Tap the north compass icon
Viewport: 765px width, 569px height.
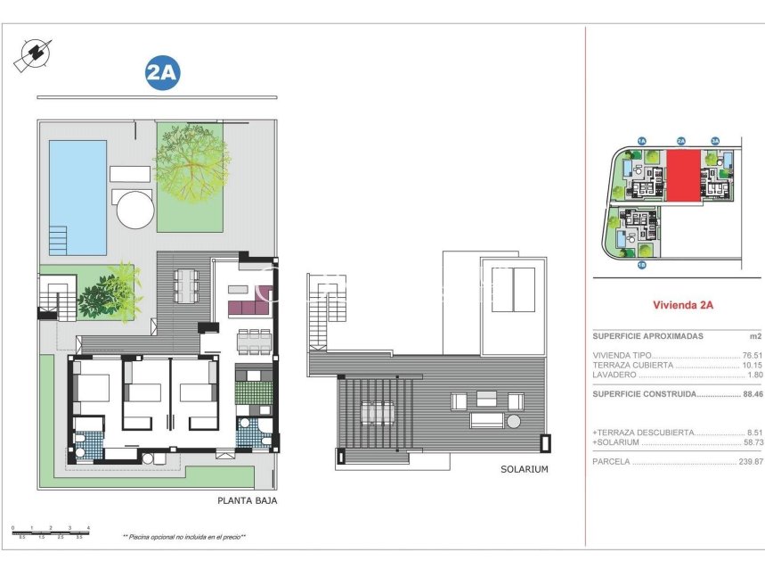pyautogui.click(x=30, y=55)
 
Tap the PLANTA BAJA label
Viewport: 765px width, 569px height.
pyautogui.click(x=247, y=501)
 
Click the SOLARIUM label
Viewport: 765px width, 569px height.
pyautogui.click(x=524, y=469)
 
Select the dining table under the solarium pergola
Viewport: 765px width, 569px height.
pyautogui.click(x=378, y=413)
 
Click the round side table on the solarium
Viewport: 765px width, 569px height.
pyautogui.click(x=514, y=421)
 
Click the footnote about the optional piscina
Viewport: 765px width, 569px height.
pyautogui.click(x=183, y=537)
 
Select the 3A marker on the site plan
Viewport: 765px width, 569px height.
pyautogui.click(x=714, y=141)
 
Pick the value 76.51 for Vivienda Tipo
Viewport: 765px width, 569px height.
pyautogui.click(x=752, y=354)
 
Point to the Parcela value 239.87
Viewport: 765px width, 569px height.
pyautogui.click(x=750, y=462)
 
